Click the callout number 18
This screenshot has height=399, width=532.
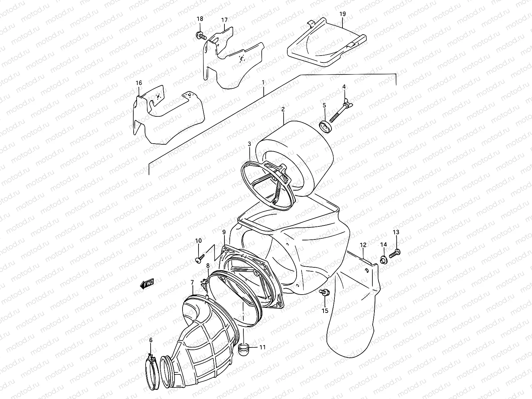click(200, 19)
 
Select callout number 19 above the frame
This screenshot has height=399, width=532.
click(343, 14)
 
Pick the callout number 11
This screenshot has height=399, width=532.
click(263, 348)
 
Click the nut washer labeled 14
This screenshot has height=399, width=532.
click(383, 259)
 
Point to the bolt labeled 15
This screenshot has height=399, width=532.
click(324, 293)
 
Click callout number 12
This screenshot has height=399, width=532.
click(363, 245)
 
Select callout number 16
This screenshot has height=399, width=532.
click(139, 82)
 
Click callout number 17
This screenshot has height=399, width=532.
click(224, 20)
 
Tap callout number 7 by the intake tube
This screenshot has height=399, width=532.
click(192, 283)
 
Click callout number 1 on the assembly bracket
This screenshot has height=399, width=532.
click(263, 82)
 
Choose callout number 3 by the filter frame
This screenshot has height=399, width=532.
click(249, 144)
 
